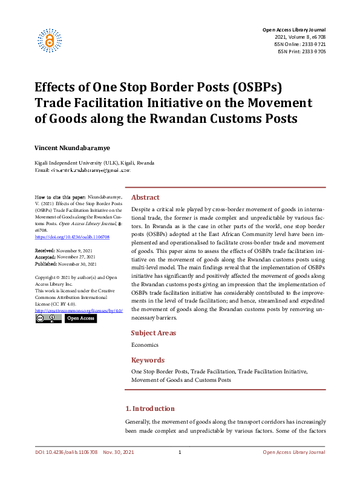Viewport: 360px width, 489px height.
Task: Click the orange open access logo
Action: [x=50, y=39]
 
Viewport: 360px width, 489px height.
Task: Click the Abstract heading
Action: [x=145, y=197]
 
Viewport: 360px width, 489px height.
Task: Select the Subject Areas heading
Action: [x=154, y=333]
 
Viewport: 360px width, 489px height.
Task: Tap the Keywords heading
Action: [x=148, y=360]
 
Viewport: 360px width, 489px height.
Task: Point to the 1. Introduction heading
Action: [x=149, y=409]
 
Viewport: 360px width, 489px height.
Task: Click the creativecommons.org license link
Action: [x=79, y=310]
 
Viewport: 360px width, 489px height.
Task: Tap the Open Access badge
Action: [x=80, y=318]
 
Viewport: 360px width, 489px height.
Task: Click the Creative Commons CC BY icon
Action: [x=48, y=318]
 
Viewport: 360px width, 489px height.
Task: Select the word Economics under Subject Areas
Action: [x=145, y=345]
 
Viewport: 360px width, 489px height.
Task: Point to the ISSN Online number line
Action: [x=301, y=44]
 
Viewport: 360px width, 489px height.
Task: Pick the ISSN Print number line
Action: [x=302, y=51]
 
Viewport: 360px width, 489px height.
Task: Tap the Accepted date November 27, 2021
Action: [x=73, y=256]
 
